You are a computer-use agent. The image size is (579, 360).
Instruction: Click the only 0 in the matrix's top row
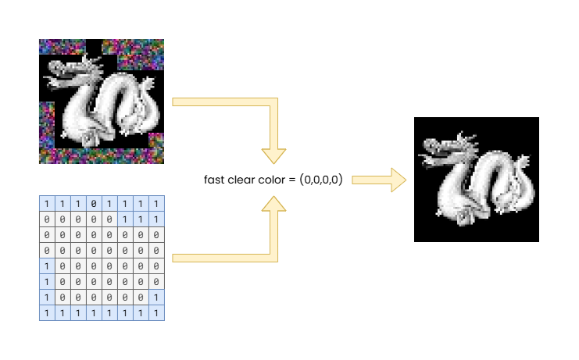pos(94,204)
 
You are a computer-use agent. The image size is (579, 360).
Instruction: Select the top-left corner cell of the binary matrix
pos(47,204)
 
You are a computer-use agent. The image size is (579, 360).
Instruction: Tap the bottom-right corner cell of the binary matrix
pos(156,312)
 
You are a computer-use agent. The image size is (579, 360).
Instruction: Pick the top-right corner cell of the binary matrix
pos(156,204)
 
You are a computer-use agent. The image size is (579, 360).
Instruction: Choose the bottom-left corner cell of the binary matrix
pos(47,312)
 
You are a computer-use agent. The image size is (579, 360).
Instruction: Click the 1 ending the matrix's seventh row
pos(156,297)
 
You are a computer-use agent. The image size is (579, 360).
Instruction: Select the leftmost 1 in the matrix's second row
pos(125,219)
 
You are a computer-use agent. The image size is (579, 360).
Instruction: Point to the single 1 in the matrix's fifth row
pos(47,266)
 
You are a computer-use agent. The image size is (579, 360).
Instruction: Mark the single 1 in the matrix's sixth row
pos(47,281)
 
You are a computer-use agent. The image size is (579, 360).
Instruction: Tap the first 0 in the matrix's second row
pos(47,219)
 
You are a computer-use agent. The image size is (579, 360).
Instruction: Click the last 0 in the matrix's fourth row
pos(156,250)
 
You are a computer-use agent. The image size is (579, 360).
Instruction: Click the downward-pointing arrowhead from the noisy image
pos(273,154)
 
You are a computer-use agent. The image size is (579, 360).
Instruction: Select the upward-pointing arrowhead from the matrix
pos(273,205)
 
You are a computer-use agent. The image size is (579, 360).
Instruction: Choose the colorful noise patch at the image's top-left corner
pos(61,47)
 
